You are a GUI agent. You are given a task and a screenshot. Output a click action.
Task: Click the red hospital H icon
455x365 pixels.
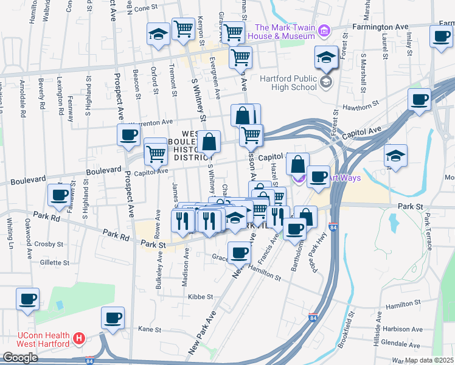pyautogui.click(x=78, y=337)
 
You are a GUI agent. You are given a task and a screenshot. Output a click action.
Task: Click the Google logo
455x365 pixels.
pyautogui.click(x=20, y=358)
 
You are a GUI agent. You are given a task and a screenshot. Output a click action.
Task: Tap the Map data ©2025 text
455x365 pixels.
pyautogui.click(x=429, y=360)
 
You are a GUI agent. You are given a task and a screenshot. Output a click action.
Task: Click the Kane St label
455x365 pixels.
pyautogui.click(x=150, y=329)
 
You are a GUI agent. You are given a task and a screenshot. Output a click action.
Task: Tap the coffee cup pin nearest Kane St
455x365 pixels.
pyautogui.click(x=113, y=318)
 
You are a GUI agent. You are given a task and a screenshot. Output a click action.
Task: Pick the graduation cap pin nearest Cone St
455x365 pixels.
pyautogui.click(x=158, y=34)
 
